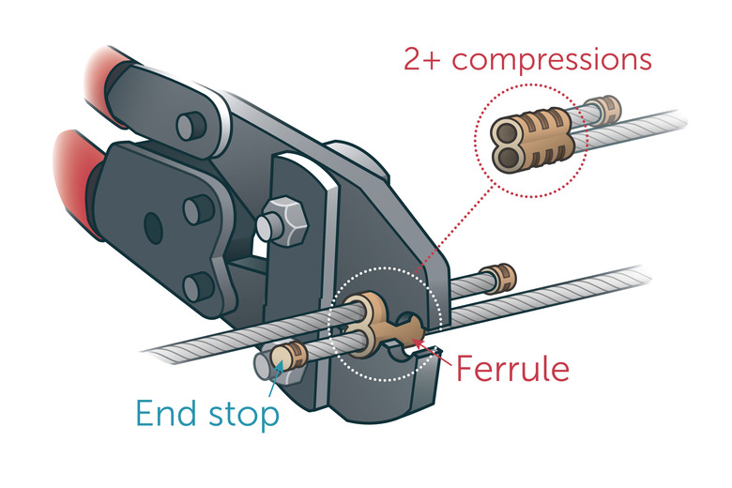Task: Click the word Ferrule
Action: click(512, 369)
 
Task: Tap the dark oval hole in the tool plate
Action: click(149, 225)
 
